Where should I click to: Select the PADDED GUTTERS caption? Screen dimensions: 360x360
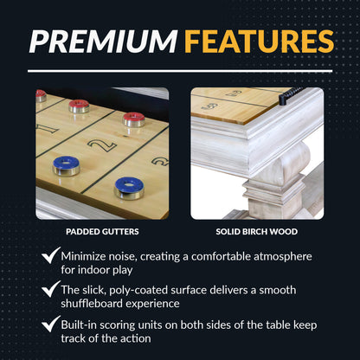pos(103,232)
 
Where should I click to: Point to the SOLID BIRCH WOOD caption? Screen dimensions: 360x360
pos(257,232)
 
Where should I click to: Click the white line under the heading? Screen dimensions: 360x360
pos(180,70)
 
